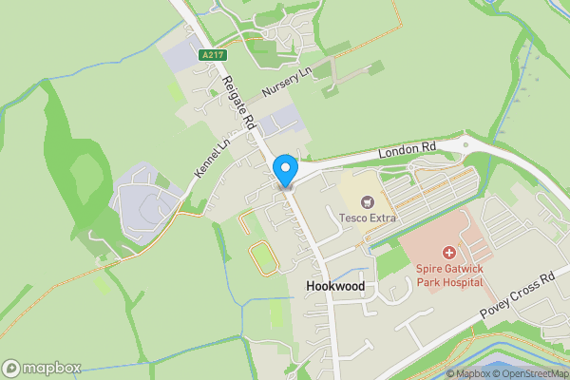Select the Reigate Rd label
(x=239, y=102)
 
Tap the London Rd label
(x=406, y=149)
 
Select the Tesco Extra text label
(x=368, y=218)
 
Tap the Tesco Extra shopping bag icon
(x=368, y=201)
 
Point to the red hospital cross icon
(x=448, y=254)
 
